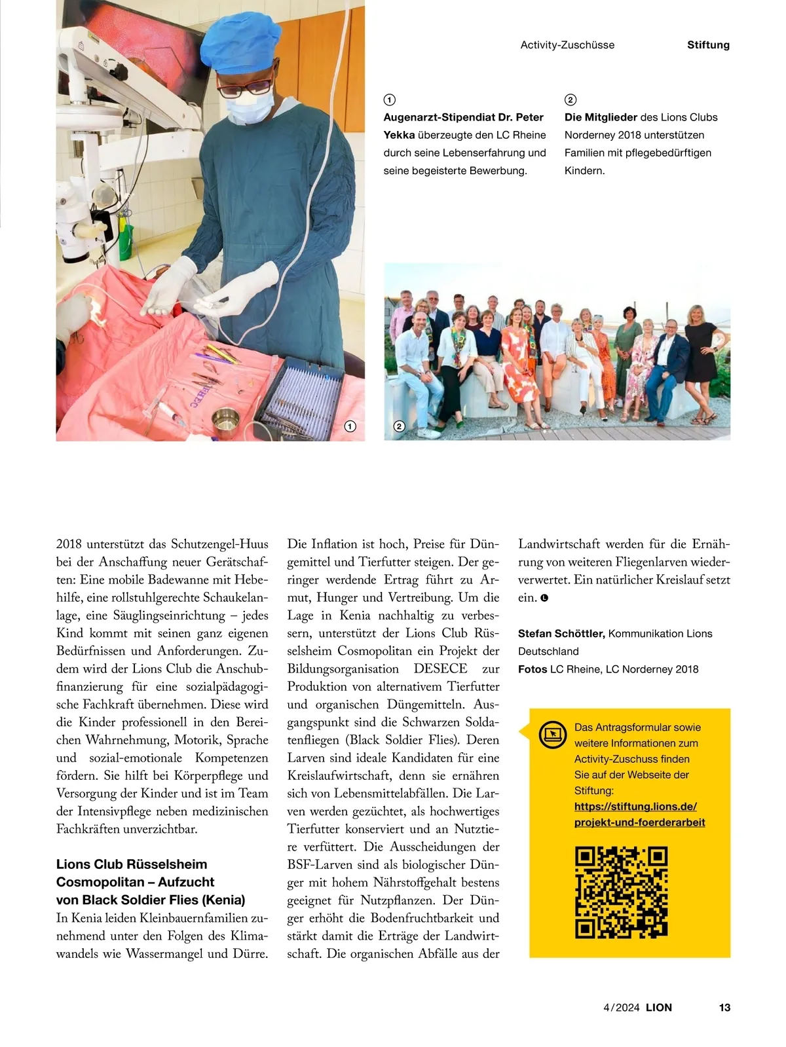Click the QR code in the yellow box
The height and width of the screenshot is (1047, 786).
(621, 892)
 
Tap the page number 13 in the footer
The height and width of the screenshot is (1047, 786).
(724, 1008)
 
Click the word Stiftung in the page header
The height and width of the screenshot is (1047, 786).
(708, 45)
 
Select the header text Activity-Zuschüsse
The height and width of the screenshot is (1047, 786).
(567, 45)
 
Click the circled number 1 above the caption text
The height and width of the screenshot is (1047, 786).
(389, 100)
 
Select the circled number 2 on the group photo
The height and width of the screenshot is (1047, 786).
(399, 426)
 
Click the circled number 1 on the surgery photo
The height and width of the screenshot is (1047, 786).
(350, 426)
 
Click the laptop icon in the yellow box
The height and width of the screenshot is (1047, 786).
(553, 733)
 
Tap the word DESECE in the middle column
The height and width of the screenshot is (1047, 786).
(440, 669)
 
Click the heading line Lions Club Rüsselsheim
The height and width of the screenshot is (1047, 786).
(132, 864)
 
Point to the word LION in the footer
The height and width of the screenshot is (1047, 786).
(659, 1008)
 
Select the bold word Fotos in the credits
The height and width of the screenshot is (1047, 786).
(533, 669)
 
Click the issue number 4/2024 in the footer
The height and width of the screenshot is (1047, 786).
(621, 1008)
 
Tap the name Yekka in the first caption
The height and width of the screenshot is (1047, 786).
(399, 136)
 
